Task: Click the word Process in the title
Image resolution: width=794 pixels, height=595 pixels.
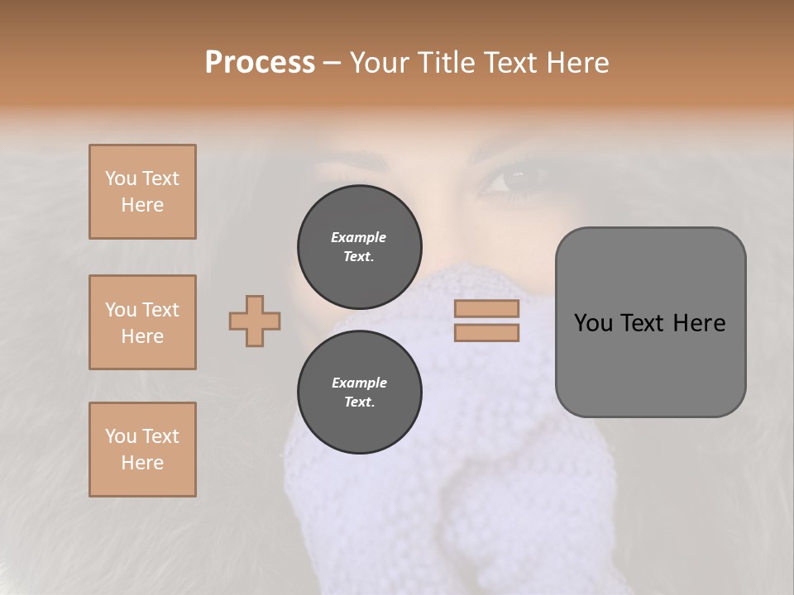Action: click(x=260, y=63)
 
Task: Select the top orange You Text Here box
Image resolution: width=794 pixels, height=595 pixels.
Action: click(x=142, y=192)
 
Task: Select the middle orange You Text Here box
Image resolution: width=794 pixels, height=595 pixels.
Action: click(x=142, y=322)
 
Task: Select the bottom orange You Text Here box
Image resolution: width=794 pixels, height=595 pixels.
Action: click(x=142, y=450)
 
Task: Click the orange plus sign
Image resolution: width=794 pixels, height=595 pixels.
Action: click(x=255, y=321)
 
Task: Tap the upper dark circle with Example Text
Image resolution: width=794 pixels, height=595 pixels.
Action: click(x=359, y=246)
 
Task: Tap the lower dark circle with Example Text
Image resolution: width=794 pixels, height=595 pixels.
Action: click(x=359, y=392)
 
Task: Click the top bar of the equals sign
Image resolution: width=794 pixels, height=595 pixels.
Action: click(x=486, y=308)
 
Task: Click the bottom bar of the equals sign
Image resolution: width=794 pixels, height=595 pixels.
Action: click(x=486, y=332)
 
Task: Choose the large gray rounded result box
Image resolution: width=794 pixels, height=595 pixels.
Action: click(x=650, y=322)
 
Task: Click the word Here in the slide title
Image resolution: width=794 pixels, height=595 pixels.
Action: click(x=576, y=63)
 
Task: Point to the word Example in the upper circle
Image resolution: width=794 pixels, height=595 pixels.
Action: click(x=359, y=237)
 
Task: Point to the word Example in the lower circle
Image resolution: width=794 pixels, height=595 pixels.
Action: click(x=359, y=383)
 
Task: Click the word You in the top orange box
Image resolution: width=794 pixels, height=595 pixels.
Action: click(x=120, y=178)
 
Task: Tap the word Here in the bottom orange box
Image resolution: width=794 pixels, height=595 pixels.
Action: click(x=142, y=463)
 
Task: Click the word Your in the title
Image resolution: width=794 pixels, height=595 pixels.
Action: click(x=377, y=63)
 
